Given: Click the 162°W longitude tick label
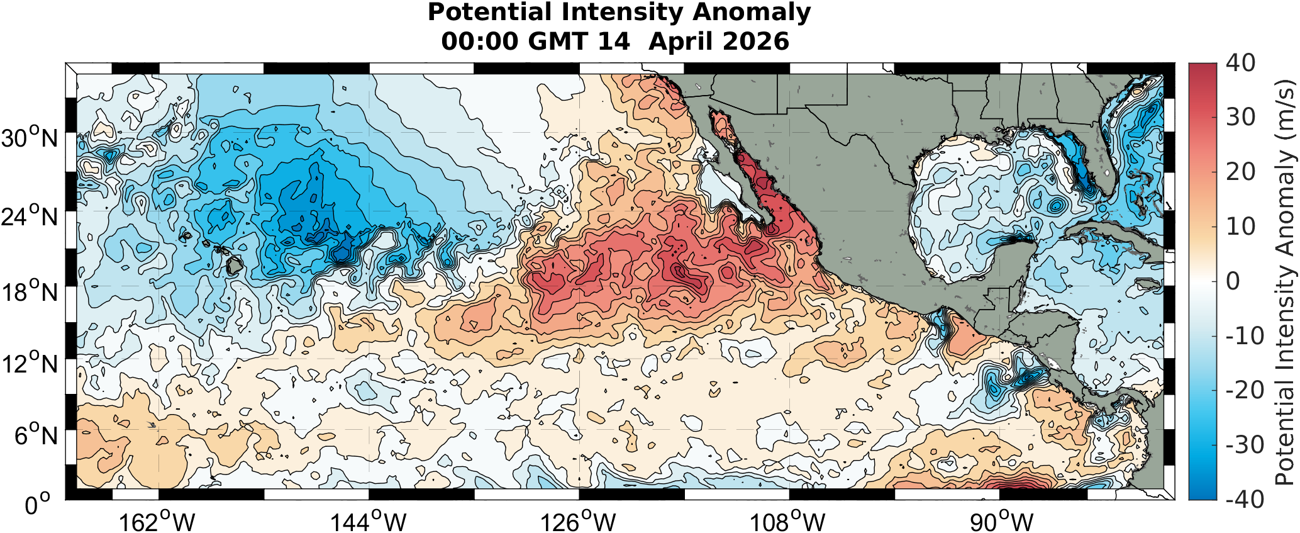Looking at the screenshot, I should [157, 521].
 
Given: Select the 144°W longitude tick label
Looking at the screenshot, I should [369, 521].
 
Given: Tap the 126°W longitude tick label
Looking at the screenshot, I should [578, 521].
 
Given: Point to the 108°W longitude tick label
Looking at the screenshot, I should [787, 521].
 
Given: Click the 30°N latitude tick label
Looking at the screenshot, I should [30, 138].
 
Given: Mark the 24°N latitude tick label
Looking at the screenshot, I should [30, 216].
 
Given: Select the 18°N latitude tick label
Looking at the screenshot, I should [30, 292].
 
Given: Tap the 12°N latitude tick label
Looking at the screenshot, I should [30, 363].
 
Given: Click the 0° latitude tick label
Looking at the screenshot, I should [37, 505].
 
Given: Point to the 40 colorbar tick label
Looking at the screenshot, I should [1240, 63].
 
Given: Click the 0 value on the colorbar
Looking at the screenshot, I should [1233, 281].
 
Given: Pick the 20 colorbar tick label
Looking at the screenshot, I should [1240, 172].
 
